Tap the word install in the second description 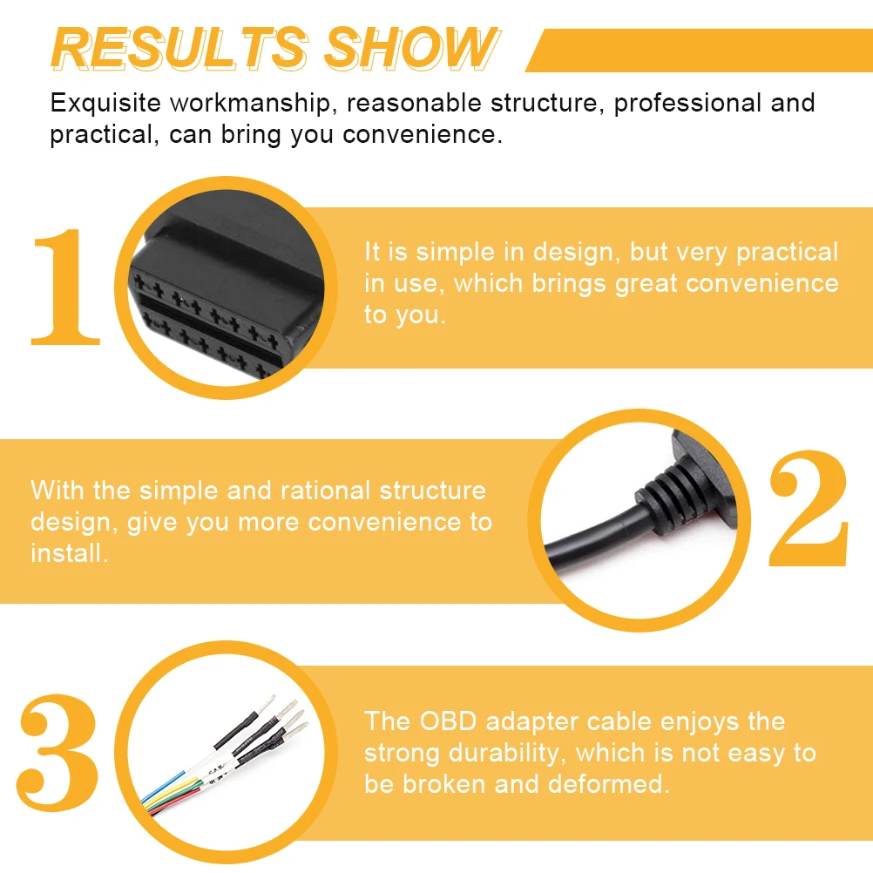point(69,553)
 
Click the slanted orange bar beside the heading point(697,51)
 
